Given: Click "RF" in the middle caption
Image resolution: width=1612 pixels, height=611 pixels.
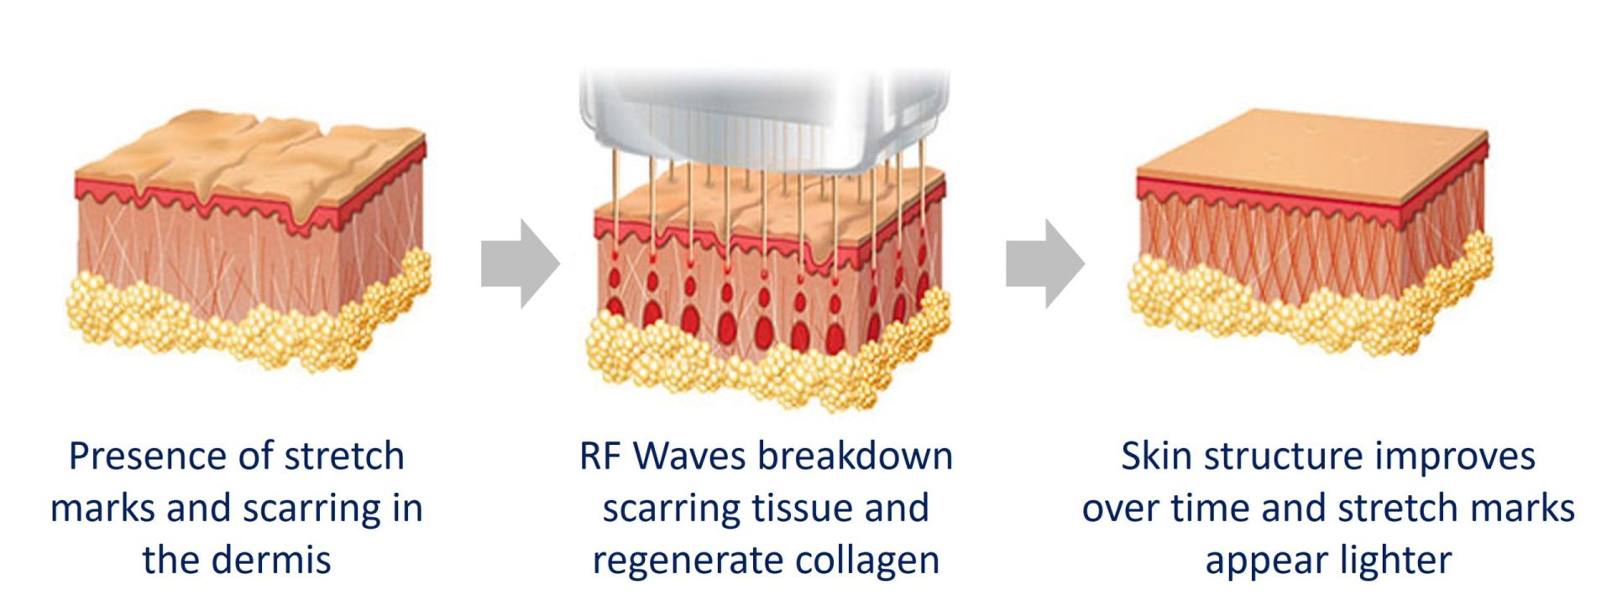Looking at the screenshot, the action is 601,457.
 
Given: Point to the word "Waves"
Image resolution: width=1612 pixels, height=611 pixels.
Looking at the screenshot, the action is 689,457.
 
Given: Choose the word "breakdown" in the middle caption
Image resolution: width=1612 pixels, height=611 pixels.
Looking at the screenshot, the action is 855,456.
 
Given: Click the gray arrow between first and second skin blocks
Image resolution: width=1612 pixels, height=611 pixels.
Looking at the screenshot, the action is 520,264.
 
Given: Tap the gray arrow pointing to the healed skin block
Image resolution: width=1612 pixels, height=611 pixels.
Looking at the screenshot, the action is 1045,264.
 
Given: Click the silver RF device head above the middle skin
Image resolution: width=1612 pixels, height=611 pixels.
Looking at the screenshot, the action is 764,123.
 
